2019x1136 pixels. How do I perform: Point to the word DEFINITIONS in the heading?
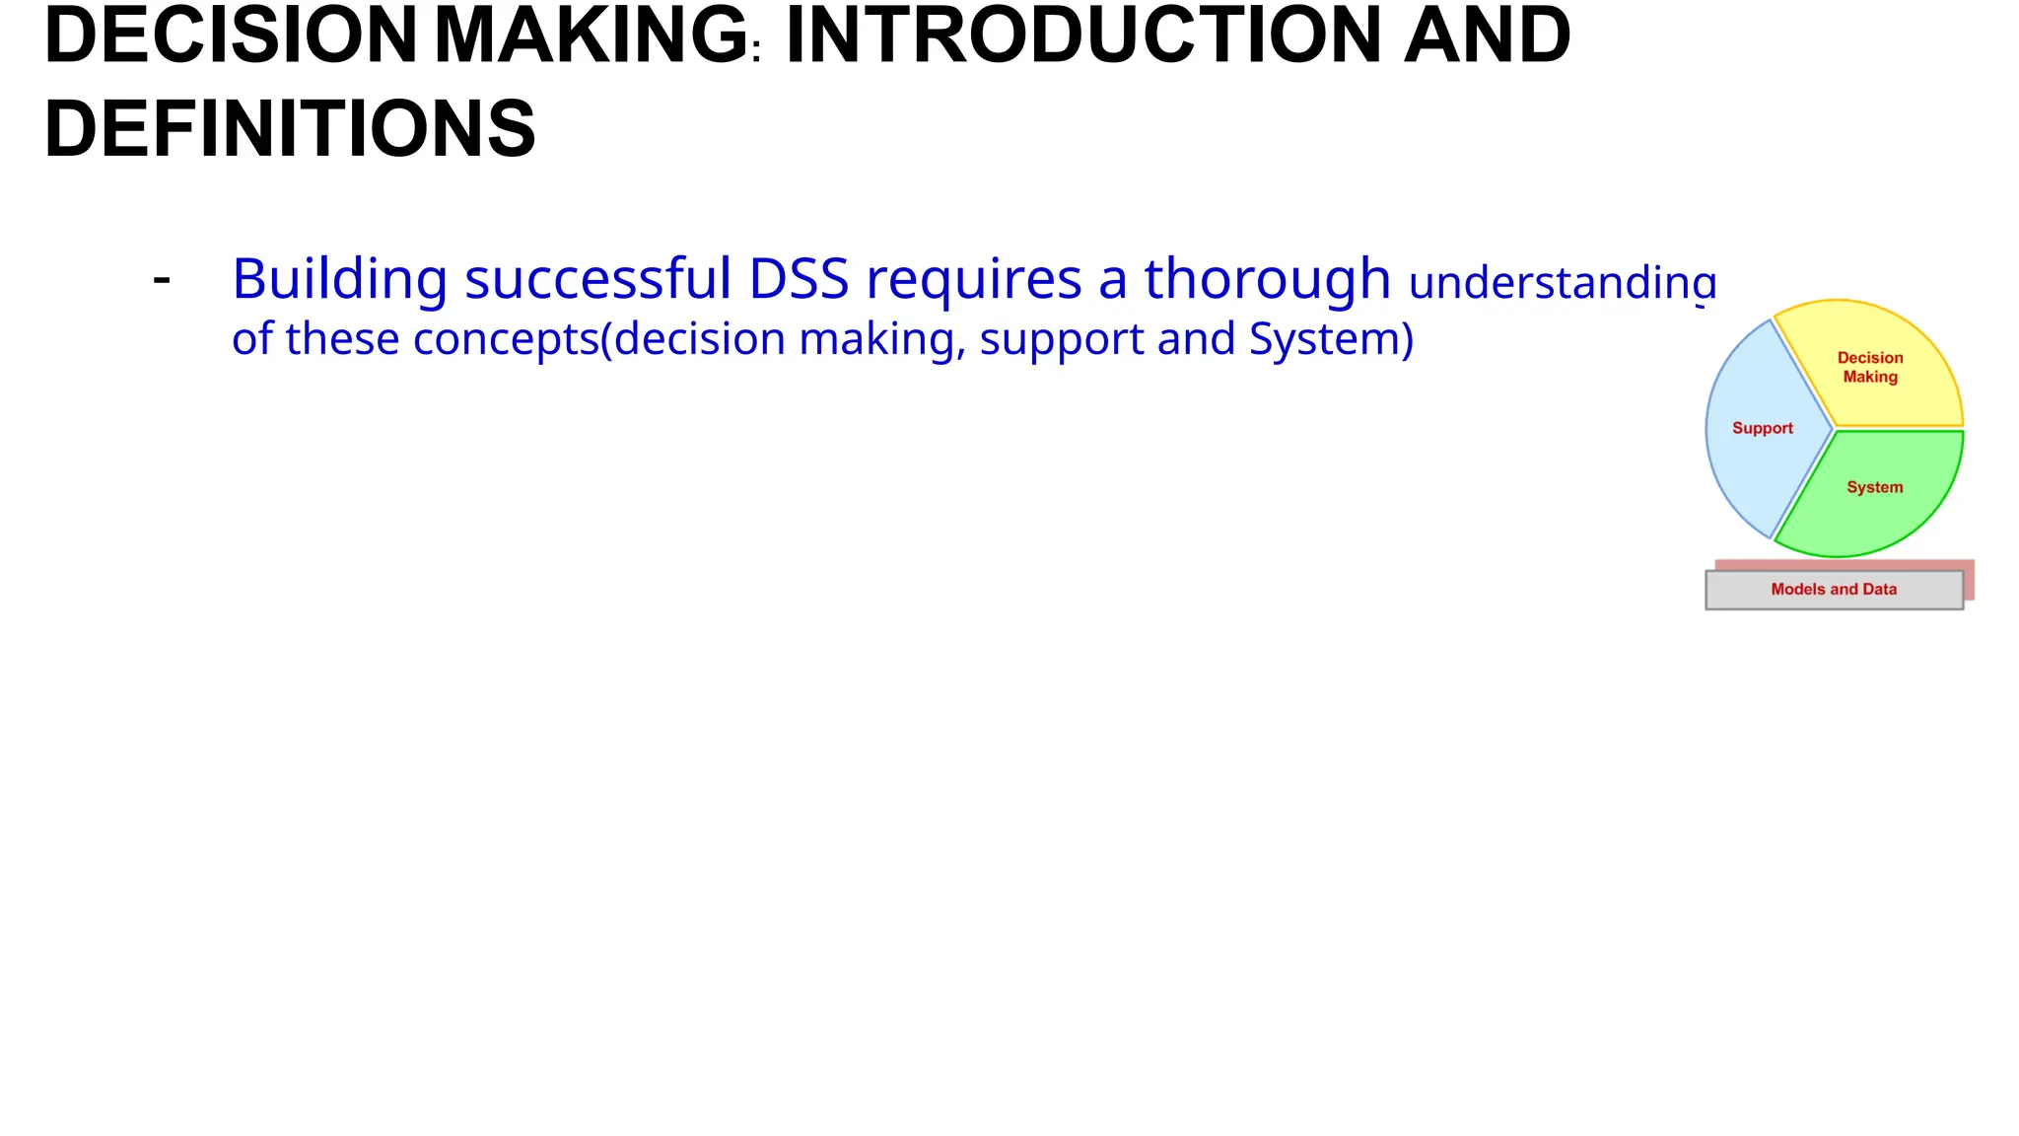pos(290,129)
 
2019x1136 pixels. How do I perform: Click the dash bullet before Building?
pos(162,280)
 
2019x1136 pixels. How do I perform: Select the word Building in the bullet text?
pos(339,279)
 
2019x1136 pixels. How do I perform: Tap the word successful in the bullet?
pos(597,279)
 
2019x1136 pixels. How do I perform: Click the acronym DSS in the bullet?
pos(799,279)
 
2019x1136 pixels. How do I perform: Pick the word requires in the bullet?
pos(973,279)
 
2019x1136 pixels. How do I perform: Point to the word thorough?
pos(1267,279)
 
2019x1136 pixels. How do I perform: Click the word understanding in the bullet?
pos(1563,283)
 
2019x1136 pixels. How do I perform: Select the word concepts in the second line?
pos(506,339)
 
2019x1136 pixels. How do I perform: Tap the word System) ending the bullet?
pos(1331,339)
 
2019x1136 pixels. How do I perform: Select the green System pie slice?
pos(1873,508)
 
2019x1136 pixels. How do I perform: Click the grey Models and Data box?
pos(1834,590)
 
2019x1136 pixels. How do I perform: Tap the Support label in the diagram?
pos(1763,428)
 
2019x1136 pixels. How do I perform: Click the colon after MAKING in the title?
pos(756,50)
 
